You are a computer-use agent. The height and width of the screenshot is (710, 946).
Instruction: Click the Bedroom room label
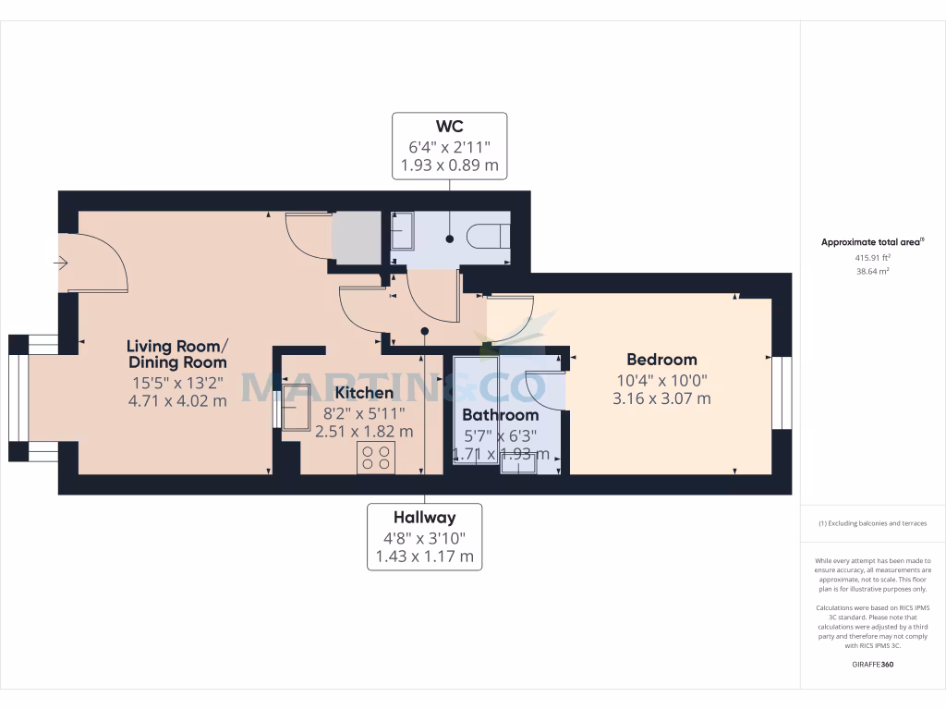[x=661, y=360]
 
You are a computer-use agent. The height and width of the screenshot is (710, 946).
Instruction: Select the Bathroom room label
[x=500, y=415]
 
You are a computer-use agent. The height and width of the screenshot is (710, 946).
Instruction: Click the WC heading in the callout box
[x=450, y=126]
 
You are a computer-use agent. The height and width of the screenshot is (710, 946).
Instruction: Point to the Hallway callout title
[x=424, y=518]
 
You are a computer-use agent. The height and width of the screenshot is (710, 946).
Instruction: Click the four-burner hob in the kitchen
[x=376, y=457]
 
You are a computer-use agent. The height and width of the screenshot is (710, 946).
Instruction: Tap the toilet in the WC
[x=488, y=237]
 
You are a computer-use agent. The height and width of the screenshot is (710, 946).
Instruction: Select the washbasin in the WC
[x=403, y=231]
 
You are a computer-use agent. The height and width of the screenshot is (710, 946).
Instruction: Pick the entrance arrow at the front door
[x=61, y=263]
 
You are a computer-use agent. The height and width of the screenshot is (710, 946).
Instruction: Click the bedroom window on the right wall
[x=782, y=393]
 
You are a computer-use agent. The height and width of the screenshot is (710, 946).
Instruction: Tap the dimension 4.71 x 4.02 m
[x=176, y=400]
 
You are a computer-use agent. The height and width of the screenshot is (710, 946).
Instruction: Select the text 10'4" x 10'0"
[x=661, y=380]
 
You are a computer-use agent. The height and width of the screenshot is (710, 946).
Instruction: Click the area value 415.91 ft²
[x=872, y=259]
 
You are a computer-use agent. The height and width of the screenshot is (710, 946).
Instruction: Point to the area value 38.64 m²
[x=872, y=272]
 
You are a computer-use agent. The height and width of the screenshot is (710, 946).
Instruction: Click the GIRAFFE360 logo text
[x=872, y=665]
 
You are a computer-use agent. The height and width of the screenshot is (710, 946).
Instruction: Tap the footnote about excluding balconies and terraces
[x=872, y=523]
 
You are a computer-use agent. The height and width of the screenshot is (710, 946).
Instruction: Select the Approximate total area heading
[x=872, y=242]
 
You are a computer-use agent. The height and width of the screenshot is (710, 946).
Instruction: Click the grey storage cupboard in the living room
[x=357, y=237]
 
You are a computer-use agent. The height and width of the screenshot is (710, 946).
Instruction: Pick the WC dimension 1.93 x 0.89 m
[x=450, y=166]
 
